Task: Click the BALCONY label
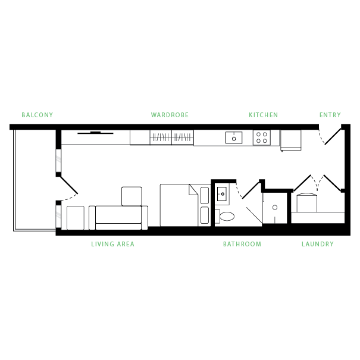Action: click(37, 115)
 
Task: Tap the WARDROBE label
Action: click(170, 115)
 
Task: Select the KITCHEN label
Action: click(263, 115)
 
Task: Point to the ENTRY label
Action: click(330, 115)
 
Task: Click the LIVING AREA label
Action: click(112, 244)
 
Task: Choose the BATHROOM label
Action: click(242, 244)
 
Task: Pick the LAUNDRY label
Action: click(317, 244)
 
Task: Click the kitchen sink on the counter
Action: click(234, 137)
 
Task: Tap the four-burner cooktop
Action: click(261, 137)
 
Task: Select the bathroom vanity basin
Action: click(222, 193)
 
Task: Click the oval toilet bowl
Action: click(227, 216)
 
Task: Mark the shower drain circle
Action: click(275, 208)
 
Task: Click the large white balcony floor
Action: click(35, 179)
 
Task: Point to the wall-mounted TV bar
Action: click(95, 133)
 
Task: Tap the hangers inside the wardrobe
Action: click(171, 138)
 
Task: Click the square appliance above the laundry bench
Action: click(307, 204)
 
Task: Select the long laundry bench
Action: click(318, 218)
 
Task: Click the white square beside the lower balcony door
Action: click(76, 218)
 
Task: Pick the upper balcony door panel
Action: click(58, 161)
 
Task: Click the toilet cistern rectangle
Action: click(217, 216)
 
